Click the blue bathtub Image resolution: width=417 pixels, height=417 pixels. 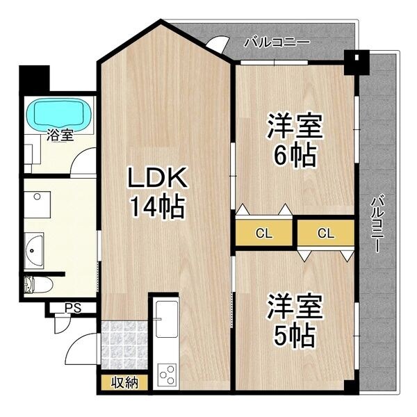tap(58, 113)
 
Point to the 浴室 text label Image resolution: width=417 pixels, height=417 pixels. tap(60, 136)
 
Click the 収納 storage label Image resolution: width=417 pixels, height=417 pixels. tap(123, 383)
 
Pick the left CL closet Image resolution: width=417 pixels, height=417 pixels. tap(263, 234)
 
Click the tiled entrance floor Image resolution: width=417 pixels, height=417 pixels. tap(123, 345)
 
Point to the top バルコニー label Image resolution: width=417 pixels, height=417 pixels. tap(276, 42)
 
